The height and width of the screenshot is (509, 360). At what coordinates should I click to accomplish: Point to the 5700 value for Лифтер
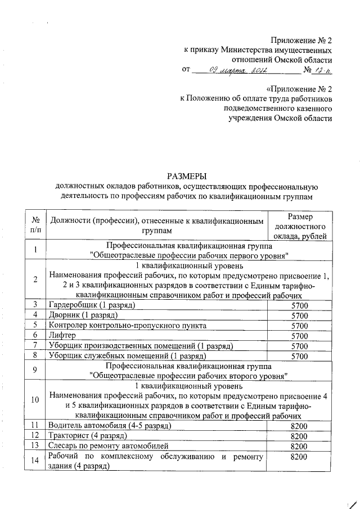[299, 335]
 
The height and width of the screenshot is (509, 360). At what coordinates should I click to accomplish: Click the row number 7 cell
[35, 345]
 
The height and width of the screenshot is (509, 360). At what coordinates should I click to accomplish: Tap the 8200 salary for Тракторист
[299, 436]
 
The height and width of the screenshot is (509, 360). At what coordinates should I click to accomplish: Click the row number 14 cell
[35, 462]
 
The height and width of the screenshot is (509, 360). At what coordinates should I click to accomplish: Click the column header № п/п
[35, 225]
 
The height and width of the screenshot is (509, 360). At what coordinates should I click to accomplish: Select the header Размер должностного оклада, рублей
[299, 226]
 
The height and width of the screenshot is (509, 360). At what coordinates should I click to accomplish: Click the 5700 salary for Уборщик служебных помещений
[299, 355]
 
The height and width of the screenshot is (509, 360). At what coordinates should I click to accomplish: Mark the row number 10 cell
[35, 401]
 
